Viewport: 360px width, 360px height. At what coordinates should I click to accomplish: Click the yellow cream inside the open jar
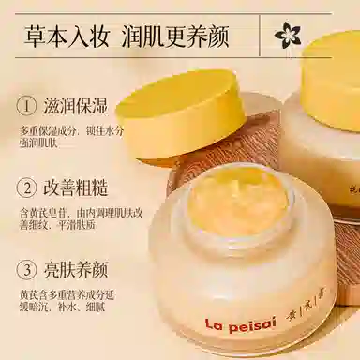pos(238,198)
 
